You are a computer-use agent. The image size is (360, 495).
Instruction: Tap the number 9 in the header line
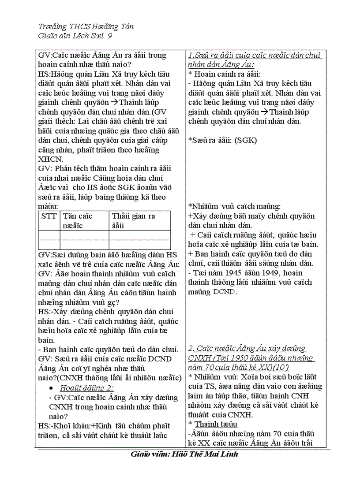click(x=109, y=36)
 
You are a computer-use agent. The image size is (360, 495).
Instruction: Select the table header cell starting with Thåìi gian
click(x=133, y=220)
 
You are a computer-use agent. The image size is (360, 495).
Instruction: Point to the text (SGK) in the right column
click(x=245, y=140)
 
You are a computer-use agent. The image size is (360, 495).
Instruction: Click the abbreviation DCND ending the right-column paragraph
click(x=225, y=292)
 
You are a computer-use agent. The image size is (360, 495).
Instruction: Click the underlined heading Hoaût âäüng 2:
click(x=87, y=387)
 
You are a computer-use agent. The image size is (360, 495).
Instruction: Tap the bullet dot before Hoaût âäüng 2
click(x=52, y=388)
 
